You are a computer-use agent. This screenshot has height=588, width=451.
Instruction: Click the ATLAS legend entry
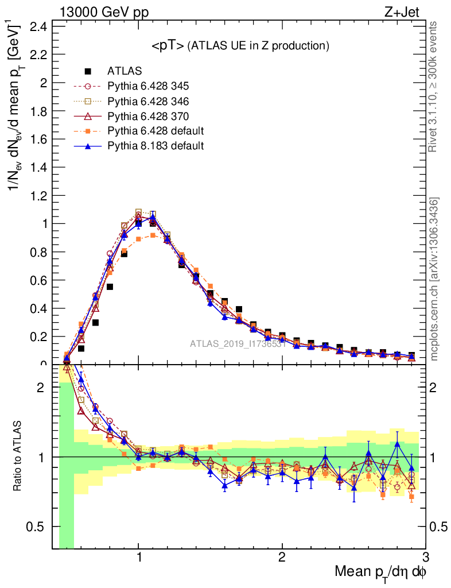pos(124,72)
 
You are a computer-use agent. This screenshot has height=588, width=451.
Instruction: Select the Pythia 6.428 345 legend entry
pos(148,87)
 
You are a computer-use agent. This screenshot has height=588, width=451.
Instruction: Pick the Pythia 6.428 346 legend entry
pos(148,102)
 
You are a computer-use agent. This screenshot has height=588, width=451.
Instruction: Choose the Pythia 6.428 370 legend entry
pos(148,117)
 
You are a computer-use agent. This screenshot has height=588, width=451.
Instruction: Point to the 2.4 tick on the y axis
pos(41,26)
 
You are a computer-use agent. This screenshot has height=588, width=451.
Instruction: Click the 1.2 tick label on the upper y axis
pos(41,196)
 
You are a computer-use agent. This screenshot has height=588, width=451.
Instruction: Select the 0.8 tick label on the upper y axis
pos(41,252)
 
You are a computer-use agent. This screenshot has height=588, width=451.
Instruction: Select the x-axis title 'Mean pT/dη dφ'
pos(380,572)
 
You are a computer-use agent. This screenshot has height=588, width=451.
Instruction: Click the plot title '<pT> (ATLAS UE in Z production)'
pos(240,47)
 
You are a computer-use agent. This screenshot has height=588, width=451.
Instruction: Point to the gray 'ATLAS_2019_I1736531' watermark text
pos(238,344)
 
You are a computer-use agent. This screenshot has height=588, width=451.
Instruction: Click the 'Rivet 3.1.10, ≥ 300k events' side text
pos(434,87)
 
